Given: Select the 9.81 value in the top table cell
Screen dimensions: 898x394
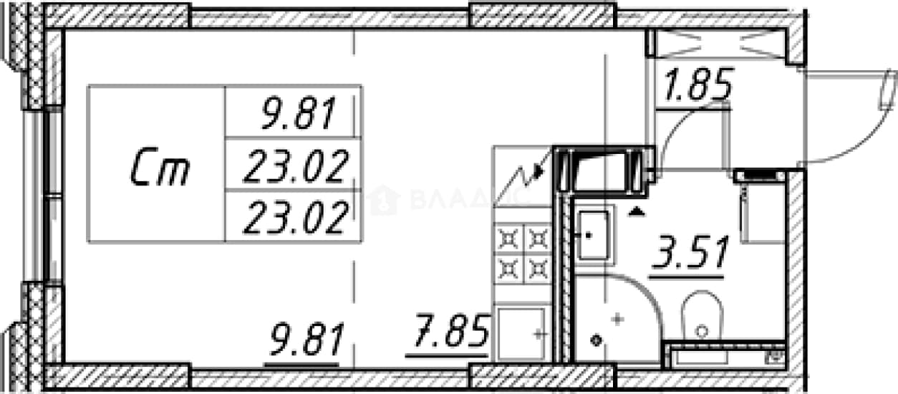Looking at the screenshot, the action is click(299, 114).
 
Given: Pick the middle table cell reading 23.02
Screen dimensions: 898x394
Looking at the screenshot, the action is click(294, 166).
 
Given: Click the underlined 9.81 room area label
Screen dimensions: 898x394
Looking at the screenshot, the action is click(307, 340).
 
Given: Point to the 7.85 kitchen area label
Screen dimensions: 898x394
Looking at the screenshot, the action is click(451, 331).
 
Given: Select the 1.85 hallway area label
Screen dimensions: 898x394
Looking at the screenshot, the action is click(698, 85).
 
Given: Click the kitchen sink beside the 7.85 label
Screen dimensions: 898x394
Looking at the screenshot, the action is click(521, 334).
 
